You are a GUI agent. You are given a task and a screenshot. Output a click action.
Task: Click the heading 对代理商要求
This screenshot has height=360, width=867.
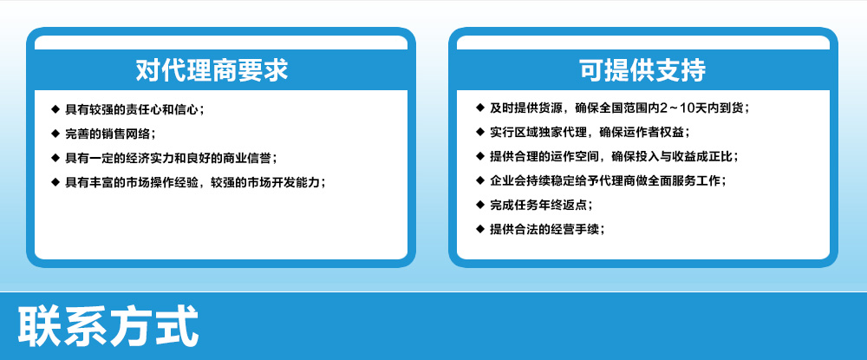(212, 71)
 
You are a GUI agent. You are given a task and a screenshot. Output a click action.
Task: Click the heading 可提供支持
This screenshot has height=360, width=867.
(642, 71)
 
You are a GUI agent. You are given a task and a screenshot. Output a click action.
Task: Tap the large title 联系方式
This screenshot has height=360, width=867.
(108, 325)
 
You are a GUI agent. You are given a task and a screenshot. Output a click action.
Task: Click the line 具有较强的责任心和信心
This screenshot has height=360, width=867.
(135, 109)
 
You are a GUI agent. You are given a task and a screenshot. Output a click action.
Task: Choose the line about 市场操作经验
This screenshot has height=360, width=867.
(195, 182)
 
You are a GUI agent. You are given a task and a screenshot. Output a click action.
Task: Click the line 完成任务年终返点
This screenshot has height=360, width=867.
(542, 205)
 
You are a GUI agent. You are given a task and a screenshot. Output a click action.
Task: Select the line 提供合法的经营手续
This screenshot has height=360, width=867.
(547, 229)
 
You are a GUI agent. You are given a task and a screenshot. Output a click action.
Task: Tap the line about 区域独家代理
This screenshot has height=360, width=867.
(590, 132)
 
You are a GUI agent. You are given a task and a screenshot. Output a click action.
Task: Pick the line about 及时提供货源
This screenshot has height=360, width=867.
(620, 108)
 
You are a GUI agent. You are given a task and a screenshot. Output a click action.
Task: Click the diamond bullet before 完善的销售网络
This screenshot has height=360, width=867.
(55, 133)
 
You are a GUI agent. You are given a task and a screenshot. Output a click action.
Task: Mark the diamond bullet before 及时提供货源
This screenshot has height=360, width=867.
(479, 108)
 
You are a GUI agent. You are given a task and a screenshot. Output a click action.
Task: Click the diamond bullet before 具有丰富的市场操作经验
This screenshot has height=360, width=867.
(55, 181)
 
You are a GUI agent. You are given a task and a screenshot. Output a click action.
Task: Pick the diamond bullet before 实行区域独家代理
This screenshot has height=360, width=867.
(479, 132)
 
